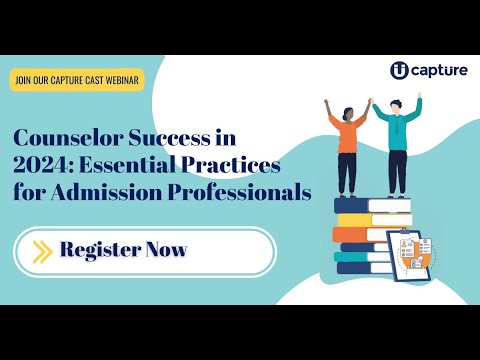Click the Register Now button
pyautogui.click(x=145, y=250)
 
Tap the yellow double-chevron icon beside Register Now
pyautogui.click(x=42, y=250)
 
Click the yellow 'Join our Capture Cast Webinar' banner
pyautogui.click(x=78, y=80)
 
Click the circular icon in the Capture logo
pyautogui.click(x=399, y=70)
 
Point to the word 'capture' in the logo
pyautogui.click(x=437, y=71)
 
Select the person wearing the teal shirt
pyautogui.click(x=398, y=145)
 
